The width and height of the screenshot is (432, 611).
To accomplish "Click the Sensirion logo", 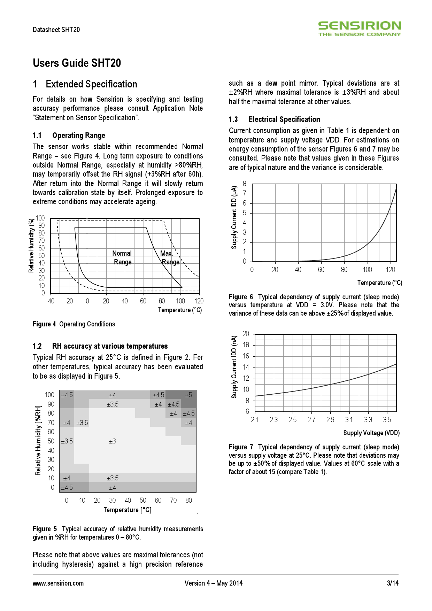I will [359, 28].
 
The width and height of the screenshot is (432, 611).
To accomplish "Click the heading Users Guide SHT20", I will [77, 63].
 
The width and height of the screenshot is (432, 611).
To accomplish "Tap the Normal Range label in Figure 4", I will [122, 257].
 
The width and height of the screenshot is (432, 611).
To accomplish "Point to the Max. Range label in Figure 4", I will [170, 257].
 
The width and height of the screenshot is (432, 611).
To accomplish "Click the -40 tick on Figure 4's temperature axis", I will [50, 301].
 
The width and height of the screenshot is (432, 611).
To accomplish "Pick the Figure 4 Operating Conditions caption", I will [74, 324].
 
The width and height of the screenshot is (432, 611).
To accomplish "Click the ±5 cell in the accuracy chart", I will [188, 395].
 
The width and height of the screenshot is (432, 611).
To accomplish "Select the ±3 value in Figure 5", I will [112, 441].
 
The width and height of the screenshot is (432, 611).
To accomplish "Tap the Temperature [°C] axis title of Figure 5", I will [128, 510].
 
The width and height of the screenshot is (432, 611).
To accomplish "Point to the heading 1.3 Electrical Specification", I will [274, 119].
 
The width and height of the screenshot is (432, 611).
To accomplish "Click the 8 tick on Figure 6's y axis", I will [245, 184].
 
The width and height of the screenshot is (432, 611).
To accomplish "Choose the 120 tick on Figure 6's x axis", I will [390, 270].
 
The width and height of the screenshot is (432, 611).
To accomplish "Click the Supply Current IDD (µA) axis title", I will [234, 217].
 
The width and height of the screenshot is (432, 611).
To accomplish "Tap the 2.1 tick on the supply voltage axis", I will [255, 420].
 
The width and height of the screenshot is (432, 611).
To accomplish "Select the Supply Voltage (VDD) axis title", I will [371, 433].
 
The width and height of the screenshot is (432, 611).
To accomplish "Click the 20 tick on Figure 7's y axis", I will [246, 334].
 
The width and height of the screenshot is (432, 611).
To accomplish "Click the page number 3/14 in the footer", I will [393, 583].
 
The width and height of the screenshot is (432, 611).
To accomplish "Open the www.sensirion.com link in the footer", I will [58, 583].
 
